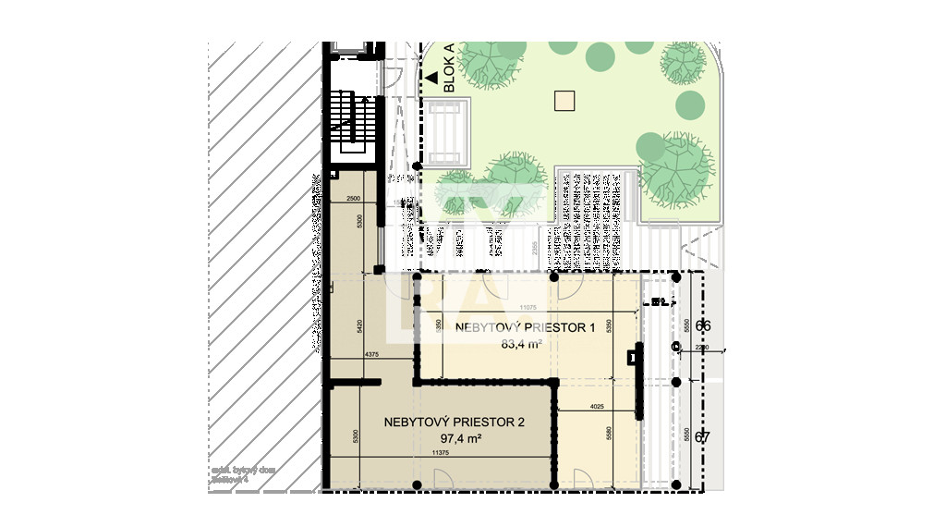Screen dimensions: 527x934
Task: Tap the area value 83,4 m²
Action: [x=520, y=345]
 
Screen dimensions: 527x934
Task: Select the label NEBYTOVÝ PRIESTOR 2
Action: [x=454, y=422]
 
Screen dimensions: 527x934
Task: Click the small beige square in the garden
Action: [x=564, y=100]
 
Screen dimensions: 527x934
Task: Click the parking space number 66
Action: [x=703, y=325]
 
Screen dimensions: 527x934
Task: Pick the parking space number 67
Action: [x=702, y=437]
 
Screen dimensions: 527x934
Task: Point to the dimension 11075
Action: [x=528, y=307]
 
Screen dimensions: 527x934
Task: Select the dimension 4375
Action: [x=371, y=355]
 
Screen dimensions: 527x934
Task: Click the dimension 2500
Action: [x=353, y=200]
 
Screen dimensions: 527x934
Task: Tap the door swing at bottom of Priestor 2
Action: [x=442, y=479]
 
